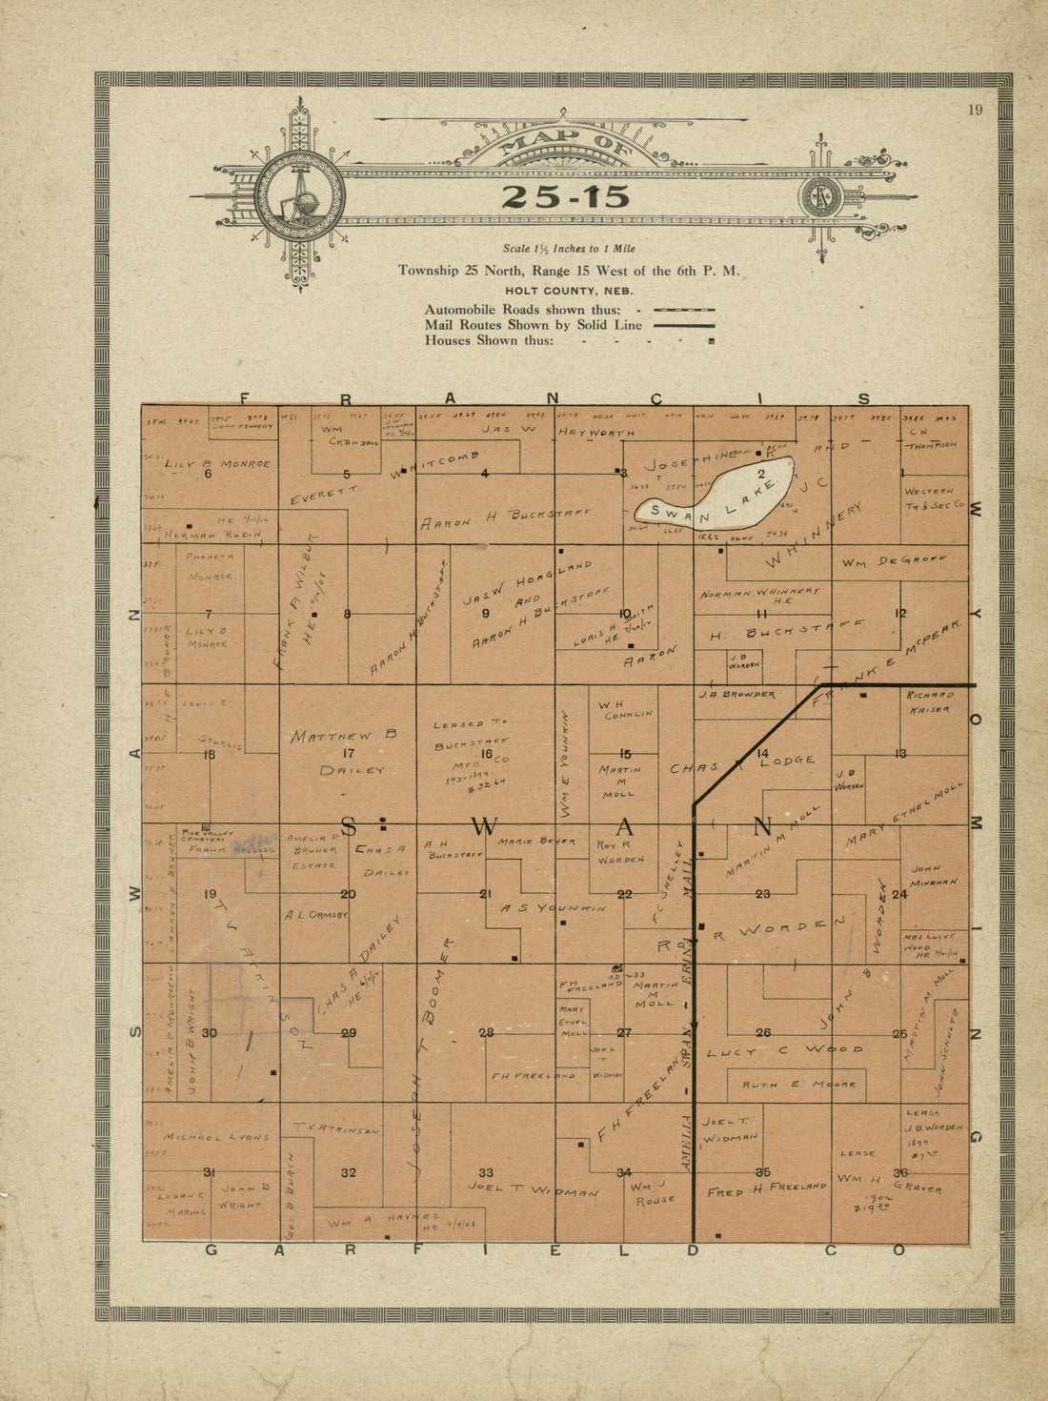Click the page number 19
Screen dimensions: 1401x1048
(975, 110)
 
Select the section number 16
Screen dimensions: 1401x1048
(486, 754)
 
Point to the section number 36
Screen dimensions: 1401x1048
(899, 1172)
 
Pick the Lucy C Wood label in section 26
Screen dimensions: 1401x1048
(785, 1050)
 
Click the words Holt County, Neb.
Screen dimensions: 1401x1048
(569, 291)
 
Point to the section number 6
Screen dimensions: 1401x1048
(208, 474)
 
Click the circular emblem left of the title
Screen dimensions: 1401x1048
(299, 196)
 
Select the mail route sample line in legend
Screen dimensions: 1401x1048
(683, 325)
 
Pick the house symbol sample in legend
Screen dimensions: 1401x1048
(712, 340)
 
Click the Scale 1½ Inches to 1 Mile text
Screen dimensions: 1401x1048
(569, 249)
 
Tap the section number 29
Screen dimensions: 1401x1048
(349, 1033)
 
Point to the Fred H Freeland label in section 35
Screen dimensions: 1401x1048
(766, 1188)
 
